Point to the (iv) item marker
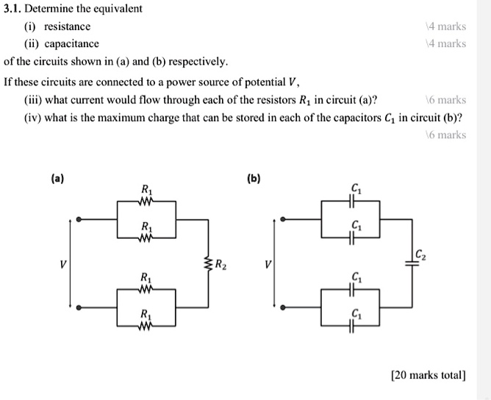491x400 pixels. click(x=32, y=118)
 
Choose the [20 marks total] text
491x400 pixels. click(x=429, y=375)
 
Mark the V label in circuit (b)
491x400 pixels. click(x=268, y=263)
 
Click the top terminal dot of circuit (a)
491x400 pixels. click(x=81, y=218)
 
